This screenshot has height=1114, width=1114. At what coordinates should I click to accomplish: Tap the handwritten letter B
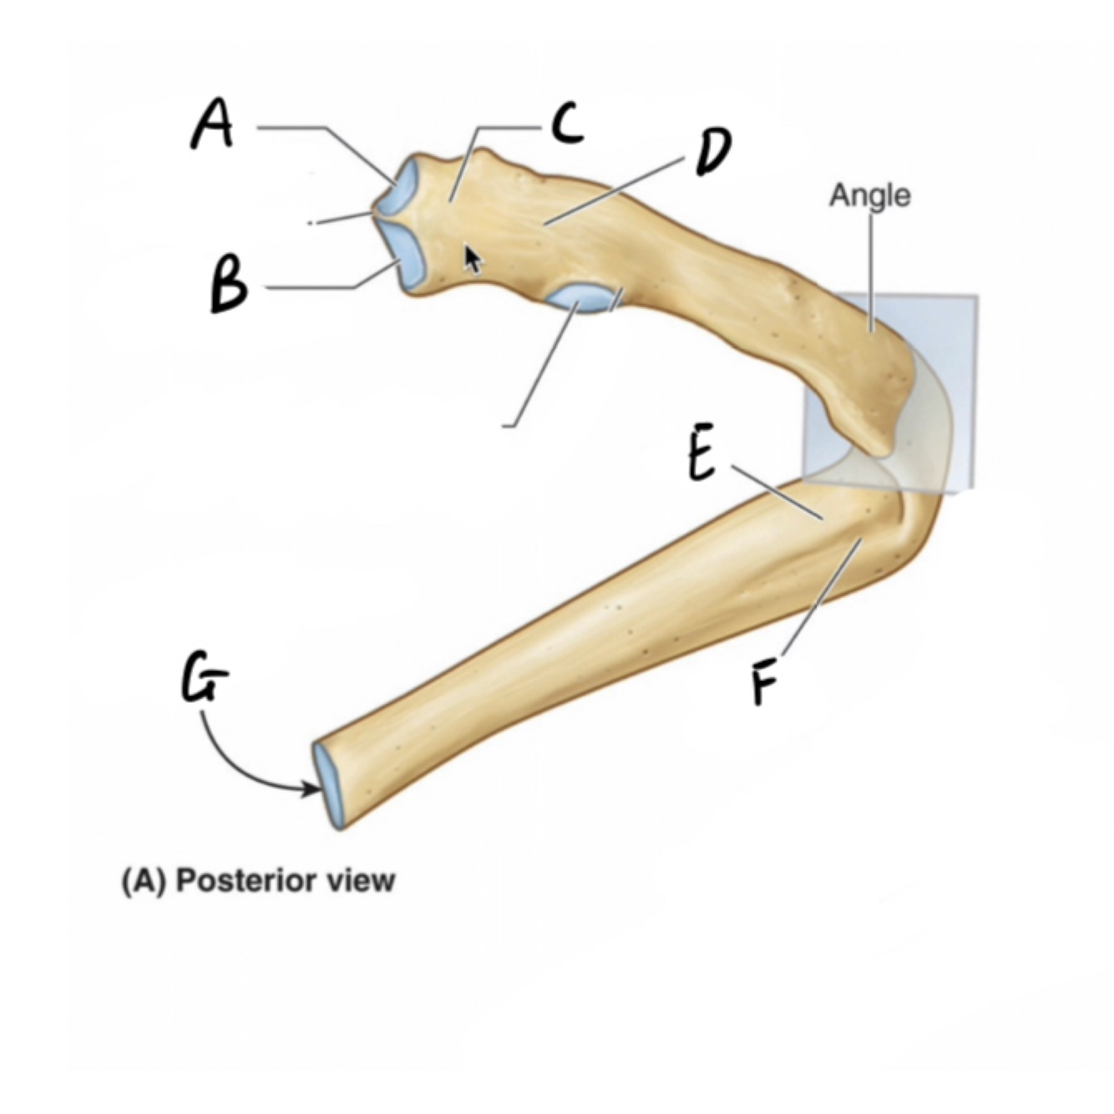pyautogui.click(x=228, y=286)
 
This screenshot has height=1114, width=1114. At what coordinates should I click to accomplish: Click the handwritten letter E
pyautogui.click(x=701, y=458)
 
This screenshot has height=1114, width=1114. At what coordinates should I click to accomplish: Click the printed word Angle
pyautogui.click(x=870, y=195)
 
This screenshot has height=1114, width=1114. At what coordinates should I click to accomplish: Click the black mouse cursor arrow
pyautogui.click(x=473, y=259)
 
